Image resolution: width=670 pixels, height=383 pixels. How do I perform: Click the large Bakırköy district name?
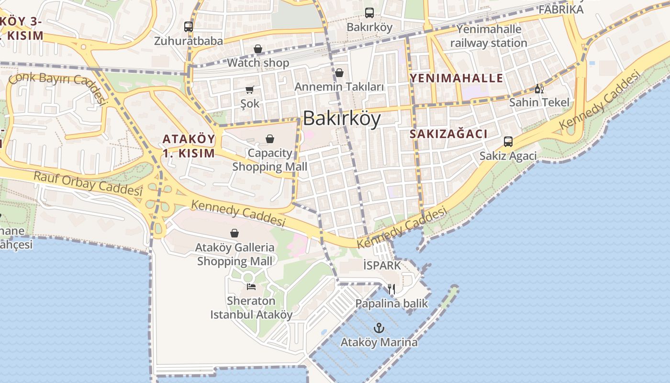click(x=342, y=118)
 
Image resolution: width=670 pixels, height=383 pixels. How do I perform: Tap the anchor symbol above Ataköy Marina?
click(x=379, y=328)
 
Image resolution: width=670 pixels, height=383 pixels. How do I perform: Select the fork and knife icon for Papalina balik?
click(x=391, y=289)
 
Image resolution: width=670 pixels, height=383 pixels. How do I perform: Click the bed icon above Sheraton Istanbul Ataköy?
click(x=251, y=286)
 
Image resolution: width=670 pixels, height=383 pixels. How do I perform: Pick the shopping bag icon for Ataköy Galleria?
click(x=234, y=233)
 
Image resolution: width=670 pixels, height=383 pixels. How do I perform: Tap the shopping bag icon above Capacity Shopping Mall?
click(x=270, y=139)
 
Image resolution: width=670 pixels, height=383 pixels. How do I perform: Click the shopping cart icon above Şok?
click(x=250, y=90)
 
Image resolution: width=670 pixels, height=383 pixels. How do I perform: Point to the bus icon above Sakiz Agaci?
click(x=508, y=142)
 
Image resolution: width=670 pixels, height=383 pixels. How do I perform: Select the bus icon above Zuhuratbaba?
click(x=189, y=27)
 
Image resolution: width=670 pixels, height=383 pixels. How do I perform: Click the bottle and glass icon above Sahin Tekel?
click(x=539, y=89)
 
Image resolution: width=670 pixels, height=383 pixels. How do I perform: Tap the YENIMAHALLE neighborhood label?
click(x=457, y=78)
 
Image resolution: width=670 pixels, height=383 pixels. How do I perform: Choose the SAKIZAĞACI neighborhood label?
click(x=448, y=134)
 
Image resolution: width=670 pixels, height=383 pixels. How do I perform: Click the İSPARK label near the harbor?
click(x=381, y=265)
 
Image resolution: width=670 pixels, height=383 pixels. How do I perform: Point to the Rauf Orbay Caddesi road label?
click(x=88, y=183)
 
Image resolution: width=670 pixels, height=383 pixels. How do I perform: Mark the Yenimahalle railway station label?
click(x=488, y=36)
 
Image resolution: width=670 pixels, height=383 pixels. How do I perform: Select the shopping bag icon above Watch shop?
click(x=258, y=49)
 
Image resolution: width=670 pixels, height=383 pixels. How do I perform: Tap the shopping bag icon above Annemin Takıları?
click(x=339, y=73)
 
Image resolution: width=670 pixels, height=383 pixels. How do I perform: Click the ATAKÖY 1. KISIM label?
click(x=189, y=146)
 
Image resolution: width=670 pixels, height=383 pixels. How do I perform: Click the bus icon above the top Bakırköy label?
click(x=369, y=13)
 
